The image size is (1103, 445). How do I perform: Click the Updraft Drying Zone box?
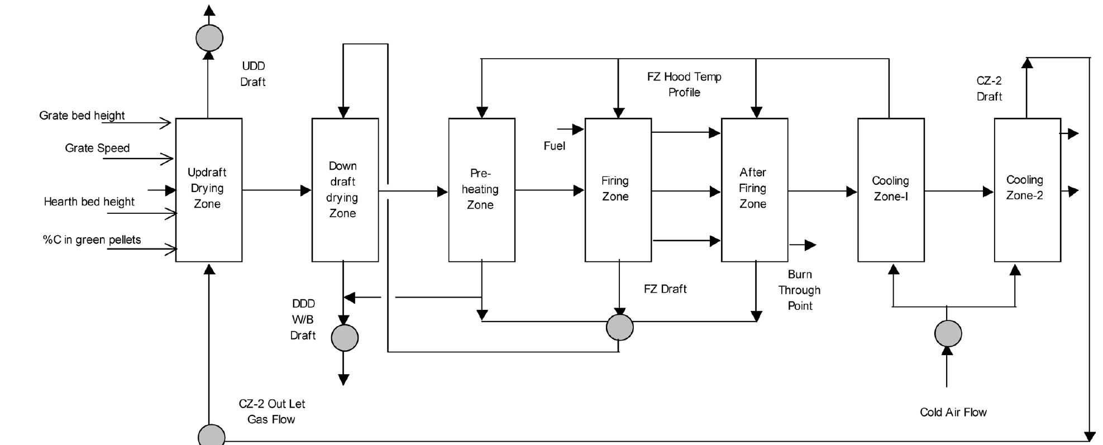click(x=208, y=190)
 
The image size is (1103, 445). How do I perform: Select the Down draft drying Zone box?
click(x=345, y=190)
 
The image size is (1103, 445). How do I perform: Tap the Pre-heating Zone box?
click(x=481, y=190)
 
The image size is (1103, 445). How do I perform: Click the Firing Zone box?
click(x=618, y=190)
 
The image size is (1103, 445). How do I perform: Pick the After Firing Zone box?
click(x=754, y=190)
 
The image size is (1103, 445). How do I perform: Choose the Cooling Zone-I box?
click(x=891, y=190)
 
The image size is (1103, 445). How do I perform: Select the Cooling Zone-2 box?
click(x=1027, y=190)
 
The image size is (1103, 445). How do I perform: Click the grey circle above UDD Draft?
click(x=209, y=38)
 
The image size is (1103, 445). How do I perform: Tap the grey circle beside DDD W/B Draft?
click(x=345, y=338)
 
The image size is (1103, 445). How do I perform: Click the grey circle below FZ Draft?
click(x=620, y=327)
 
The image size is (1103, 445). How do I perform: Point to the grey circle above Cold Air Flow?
click(x=948, y=333)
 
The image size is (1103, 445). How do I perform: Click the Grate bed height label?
click(x=82, y=116)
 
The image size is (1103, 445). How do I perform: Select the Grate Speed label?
click(x=97, y=148)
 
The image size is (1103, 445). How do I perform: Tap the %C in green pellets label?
click(x=92, y=240)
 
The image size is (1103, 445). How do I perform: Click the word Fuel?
click(x=554, y=146)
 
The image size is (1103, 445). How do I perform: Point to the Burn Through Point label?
click(x=799, y=290)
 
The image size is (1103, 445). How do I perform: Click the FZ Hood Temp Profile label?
click(x=684, y=84)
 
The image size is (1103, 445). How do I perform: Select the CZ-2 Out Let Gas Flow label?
click(x=271, y=411)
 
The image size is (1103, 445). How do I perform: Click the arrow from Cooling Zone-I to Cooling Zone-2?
click(x=959, y=192)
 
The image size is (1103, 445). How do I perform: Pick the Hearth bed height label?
click(x=89, y=202)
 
